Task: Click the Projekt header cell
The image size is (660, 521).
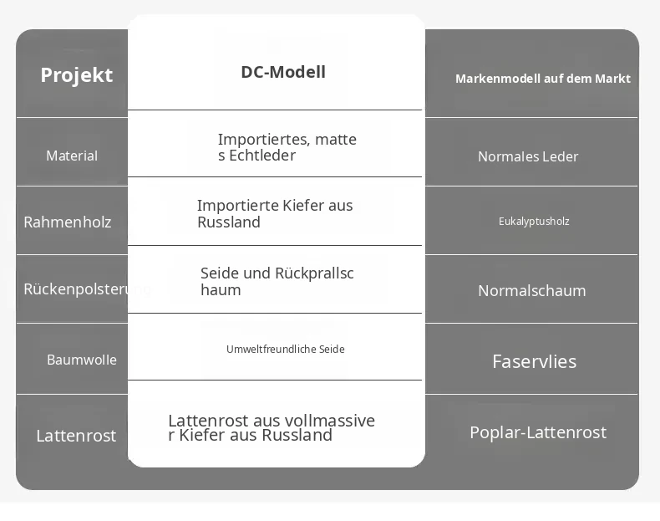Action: (x=77, y=75)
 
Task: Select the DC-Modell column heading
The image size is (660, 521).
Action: (x=283, y=72)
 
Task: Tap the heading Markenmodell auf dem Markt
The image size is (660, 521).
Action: (x=542, y=79)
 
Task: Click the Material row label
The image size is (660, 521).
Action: (x=72, y=156)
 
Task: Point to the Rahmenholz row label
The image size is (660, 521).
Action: (x=68, y=222)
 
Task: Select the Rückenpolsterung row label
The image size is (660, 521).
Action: (x=87, y=289)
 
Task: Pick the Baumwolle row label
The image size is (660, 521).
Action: (x=82, y=360)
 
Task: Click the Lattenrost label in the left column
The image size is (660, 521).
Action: (x=76, y=436)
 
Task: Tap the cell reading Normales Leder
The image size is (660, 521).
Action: (x=528, y=156)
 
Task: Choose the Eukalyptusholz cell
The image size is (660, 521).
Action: (x=534, y=222)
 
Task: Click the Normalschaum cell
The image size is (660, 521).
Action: (x=532, y=291)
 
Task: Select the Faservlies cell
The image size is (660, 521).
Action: (x=535, y=362)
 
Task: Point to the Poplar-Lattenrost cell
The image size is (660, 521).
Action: (x=538, y=432)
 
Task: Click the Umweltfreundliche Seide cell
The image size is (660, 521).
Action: (x=286, y=350)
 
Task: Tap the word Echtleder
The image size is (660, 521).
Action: (x=262, y=156)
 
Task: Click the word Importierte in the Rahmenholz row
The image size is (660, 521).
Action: (x=238, y=206)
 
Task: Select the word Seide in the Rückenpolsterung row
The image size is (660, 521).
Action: (x=221, y=273)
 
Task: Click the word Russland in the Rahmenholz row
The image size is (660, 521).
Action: (x=229, y=222)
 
